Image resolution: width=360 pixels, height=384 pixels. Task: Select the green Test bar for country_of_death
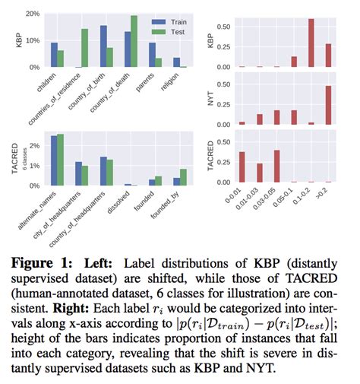134,41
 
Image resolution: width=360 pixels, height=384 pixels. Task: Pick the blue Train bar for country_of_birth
103,46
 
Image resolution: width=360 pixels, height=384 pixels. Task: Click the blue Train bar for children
54,55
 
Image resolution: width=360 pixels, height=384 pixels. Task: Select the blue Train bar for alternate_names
54,160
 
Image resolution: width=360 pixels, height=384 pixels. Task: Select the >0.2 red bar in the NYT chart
328,105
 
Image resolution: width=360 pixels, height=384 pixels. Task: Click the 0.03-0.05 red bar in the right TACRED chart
276,167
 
